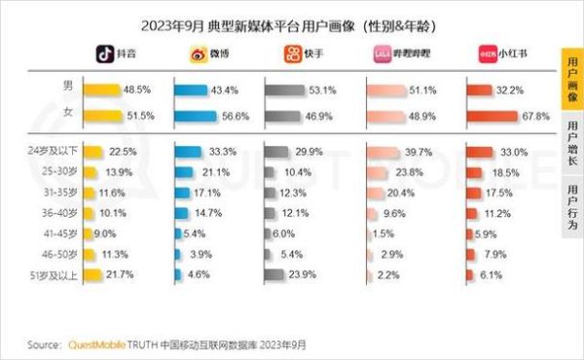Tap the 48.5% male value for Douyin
(136, 90)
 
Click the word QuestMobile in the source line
(98, 344)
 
